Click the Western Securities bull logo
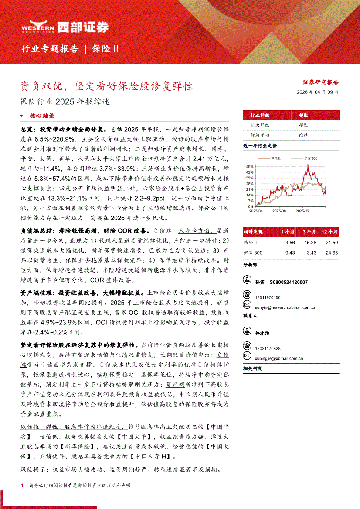[x=37, y=27]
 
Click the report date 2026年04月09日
[x=317, y=92]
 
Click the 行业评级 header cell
[x=259, y=115]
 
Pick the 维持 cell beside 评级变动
[x=303, y=135]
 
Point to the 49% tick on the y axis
[x=250, y=166]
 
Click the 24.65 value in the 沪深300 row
[x=332, y=253]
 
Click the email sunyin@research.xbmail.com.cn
[x=285, y=307]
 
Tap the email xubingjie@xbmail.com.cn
[x=279, y=358]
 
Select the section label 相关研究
[x=253, y=368]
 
